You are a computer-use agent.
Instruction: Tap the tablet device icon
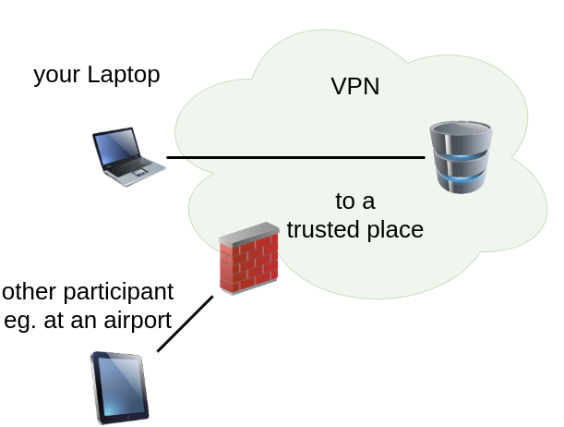pos(119,386)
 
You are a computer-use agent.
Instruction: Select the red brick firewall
pos(249,261)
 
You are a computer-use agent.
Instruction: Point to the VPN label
pos(355,87)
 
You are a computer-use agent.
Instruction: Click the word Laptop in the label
pos(124,74)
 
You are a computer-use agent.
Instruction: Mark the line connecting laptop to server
pos(295,157)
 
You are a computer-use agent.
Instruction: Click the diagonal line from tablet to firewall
pos(185,323)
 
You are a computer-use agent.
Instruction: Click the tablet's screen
pos(121,386)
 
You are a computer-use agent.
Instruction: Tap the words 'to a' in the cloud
pos(354,201)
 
